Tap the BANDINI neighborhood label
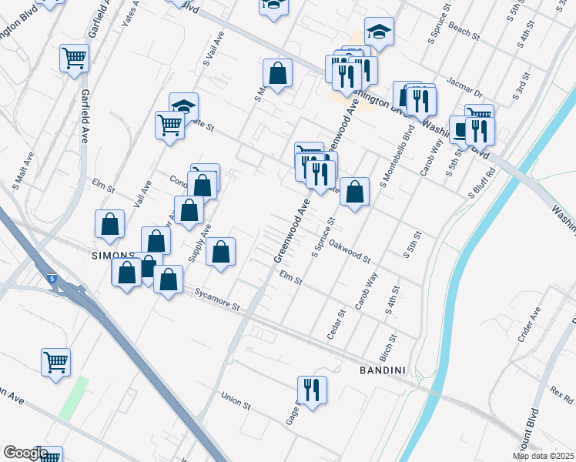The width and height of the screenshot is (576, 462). click(x=383, y=370)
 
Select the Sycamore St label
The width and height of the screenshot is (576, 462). click(x=217, y=300)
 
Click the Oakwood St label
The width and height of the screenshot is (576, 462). click(x=350, y=251)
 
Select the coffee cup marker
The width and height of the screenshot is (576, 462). click(x=462, y=129)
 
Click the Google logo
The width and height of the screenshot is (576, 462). click(x=25, y=453)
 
